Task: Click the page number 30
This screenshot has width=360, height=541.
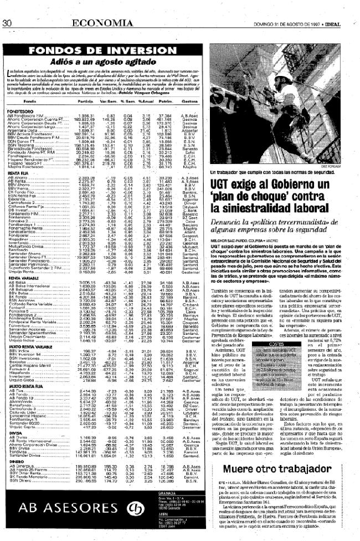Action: click(8, 8)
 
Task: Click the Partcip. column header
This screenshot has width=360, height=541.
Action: click(85, 102)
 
